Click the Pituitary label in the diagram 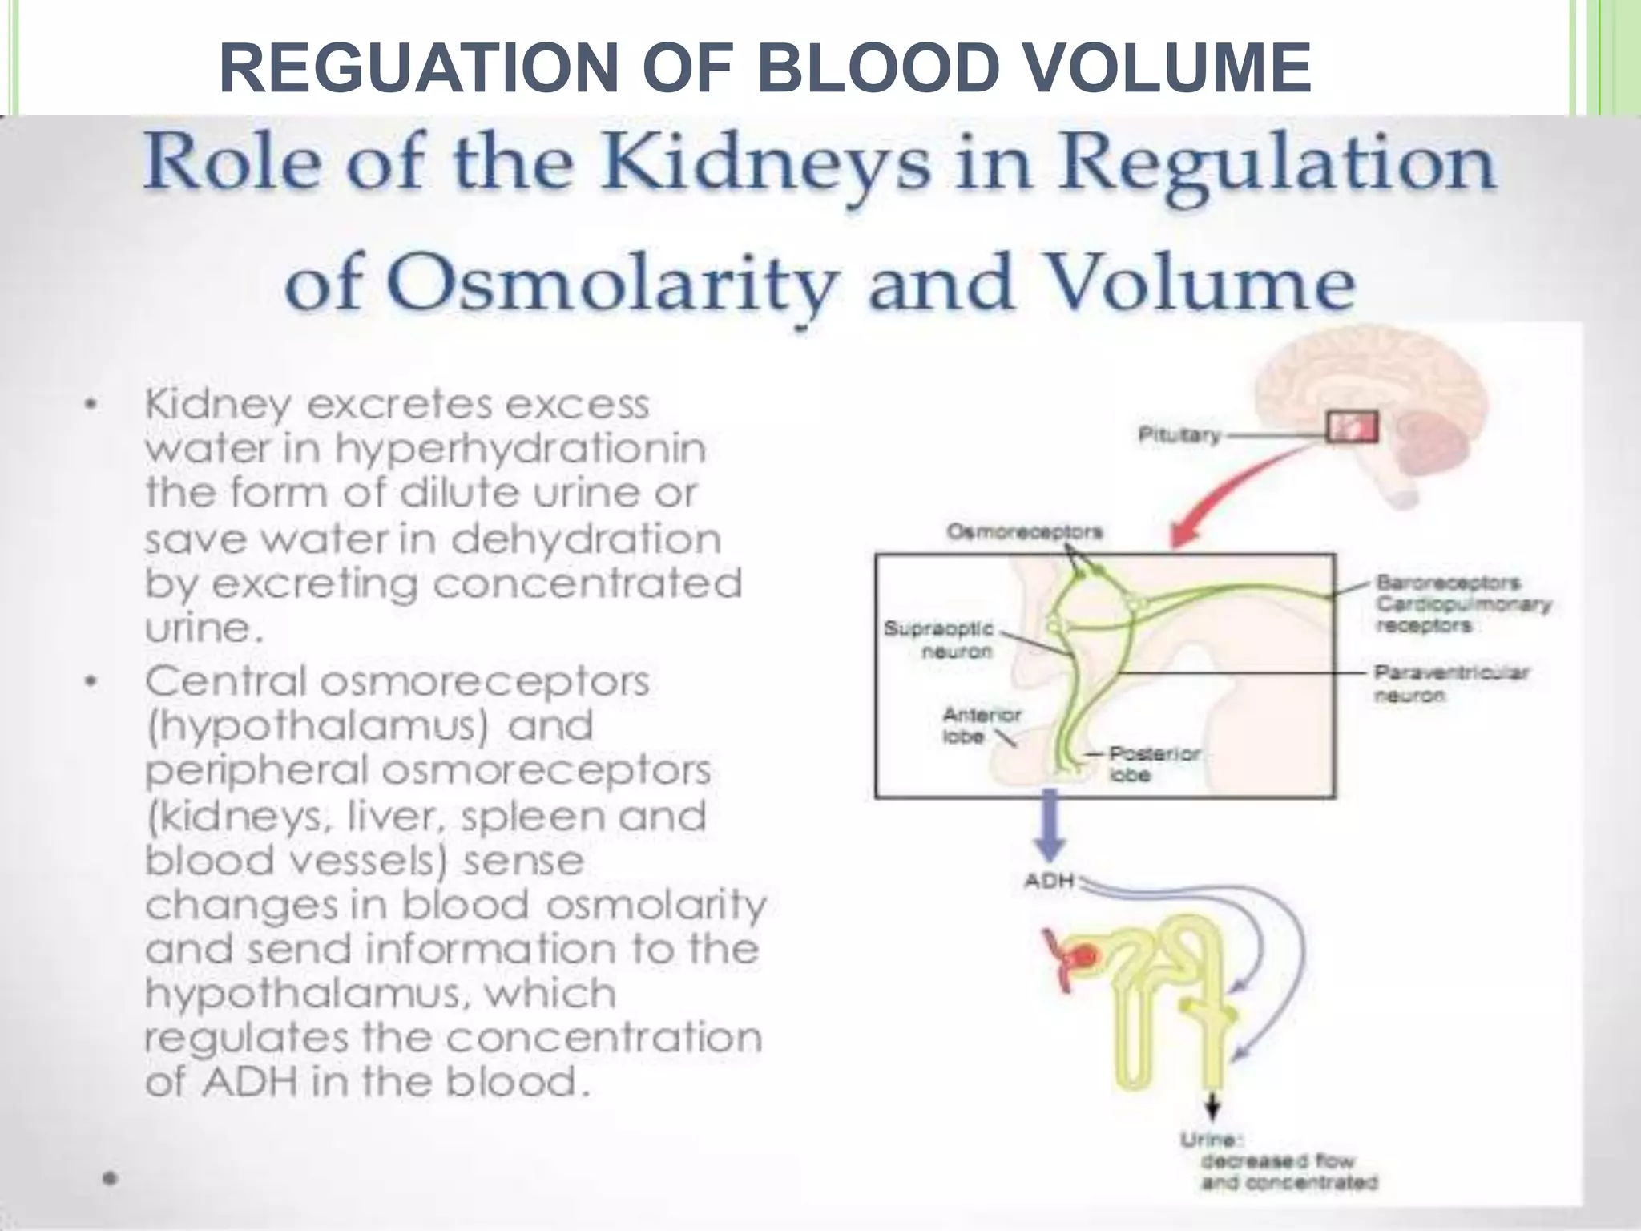click(x=1180, y=435)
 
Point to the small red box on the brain click(x=1353, y=426)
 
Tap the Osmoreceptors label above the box click(x=1024, y=531)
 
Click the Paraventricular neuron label click(x=1451, y=682)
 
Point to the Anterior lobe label click(x=970, y=724)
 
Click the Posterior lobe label click(x=1154, y=764)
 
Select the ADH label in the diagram click(x=1049, y=882)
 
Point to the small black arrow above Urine click(x=1212, y=1108)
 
